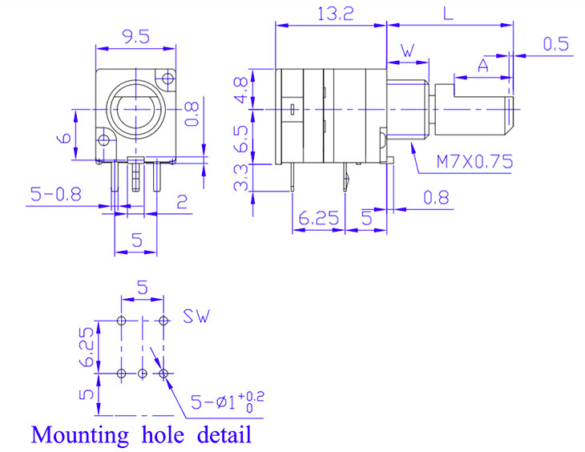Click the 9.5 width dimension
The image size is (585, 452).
pos(135,35)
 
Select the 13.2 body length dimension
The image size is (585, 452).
pos(329,13)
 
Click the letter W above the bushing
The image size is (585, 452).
pos(406,50)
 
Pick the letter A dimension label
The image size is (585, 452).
pos(483,66)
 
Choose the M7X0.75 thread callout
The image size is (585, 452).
pos(474,161)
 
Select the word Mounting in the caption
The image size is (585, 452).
pos(79,435)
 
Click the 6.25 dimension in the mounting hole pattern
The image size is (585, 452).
pos(87,346)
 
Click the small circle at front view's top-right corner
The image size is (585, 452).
pos(167,79)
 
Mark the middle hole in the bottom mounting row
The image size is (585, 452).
pos(143,373)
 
